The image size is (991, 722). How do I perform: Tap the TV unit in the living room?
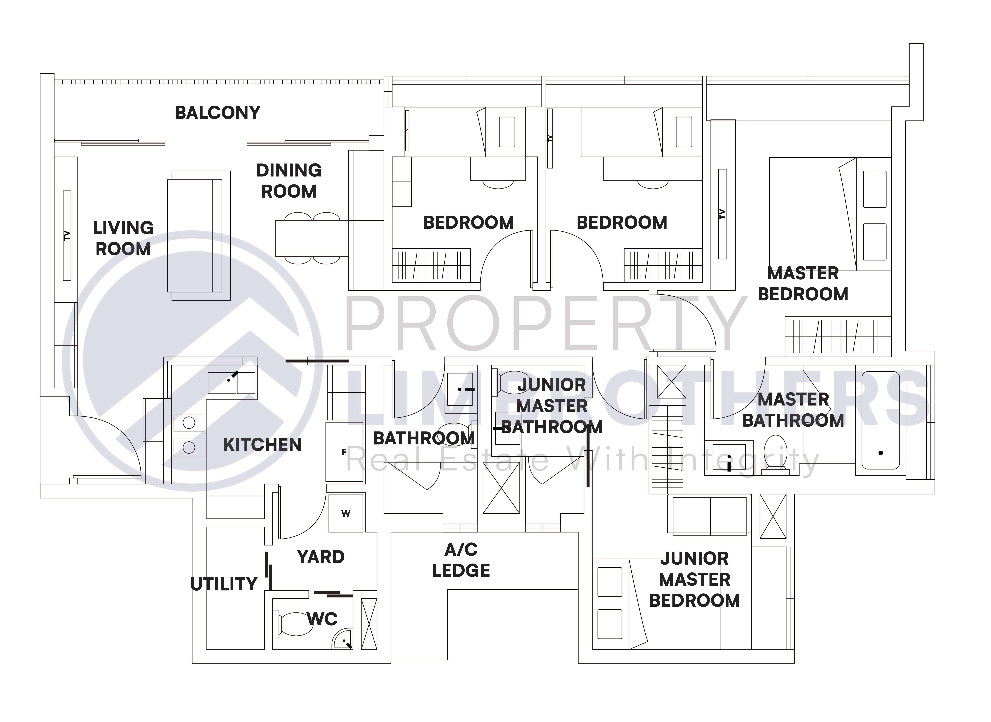click(x=67, y=236)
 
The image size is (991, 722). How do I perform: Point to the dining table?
click(x=312, y=238)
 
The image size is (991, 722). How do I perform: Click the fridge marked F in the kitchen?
click(x=344, y=452)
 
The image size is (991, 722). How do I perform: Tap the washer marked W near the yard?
click(x=346, y=513)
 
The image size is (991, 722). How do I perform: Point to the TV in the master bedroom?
click(x=722, y=214)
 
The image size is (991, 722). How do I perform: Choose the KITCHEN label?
click(x=262, y=445)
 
